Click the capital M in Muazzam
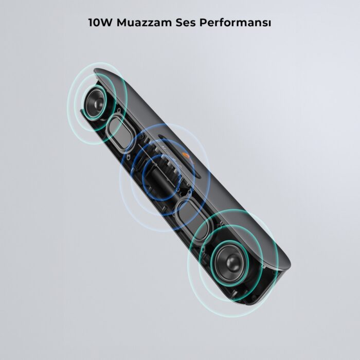click(122, 23)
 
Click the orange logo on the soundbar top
click(186, 157)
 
